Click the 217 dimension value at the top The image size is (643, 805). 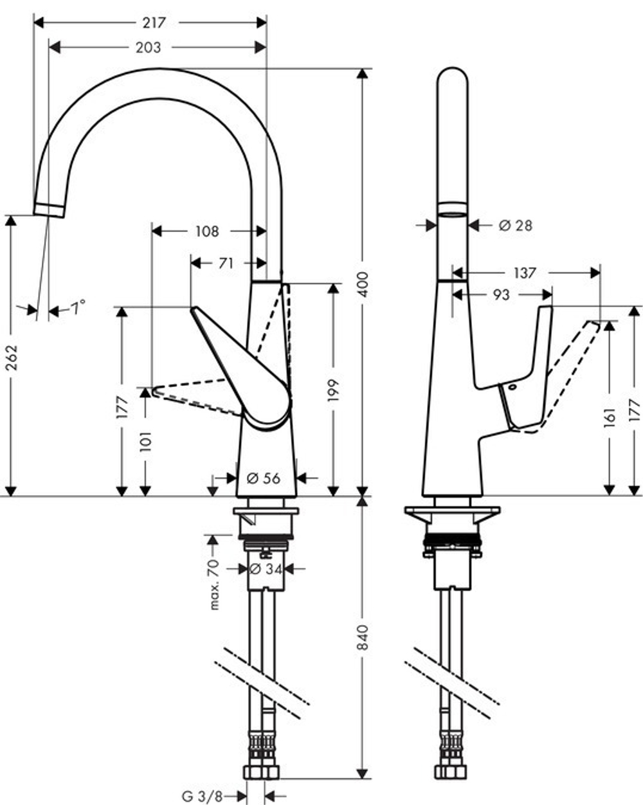(155, 23)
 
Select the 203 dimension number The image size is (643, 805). (149, 47)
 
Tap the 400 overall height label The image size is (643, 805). (363, 284)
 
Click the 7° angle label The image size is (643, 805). (77, 308)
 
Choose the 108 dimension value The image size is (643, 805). (206, 231)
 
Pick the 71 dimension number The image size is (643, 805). (226, 263)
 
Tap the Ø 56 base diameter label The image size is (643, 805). (263, 478)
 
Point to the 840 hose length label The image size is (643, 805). (363, 636)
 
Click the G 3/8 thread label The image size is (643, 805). (201, 797)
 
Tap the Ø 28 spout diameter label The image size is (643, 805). (515, 225)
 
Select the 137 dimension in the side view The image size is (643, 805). (525, 273)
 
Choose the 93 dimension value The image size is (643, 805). (501, 294)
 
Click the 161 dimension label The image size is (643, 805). (610, 416)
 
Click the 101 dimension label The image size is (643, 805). (145, 442)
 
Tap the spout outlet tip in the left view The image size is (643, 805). (49, 210)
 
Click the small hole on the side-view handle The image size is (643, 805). (511, 388)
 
